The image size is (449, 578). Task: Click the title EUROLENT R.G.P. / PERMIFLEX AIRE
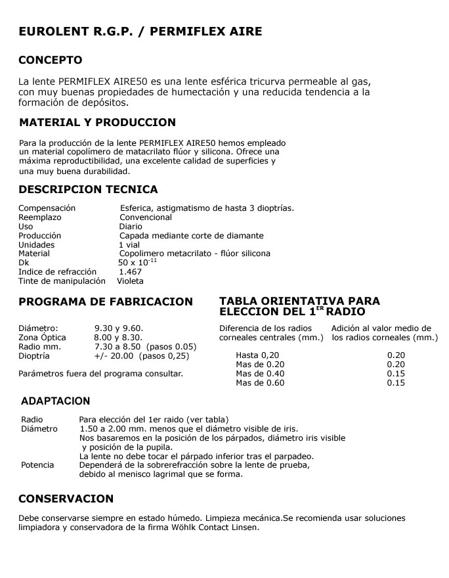tap(140, 32)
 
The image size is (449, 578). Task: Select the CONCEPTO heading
tap(51, 60)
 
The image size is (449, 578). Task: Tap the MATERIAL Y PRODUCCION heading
tap(98, 123)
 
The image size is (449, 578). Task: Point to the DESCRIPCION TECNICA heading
tap(88, 190)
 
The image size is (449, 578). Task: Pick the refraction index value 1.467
tap(130, 271)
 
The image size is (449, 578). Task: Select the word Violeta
tap(130, 280)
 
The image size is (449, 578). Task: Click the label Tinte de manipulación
tap(62, 280)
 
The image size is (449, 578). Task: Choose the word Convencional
tap(145, 217)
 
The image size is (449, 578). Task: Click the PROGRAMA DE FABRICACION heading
tap(106, 302)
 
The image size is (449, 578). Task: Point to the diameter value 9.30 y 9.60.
tap(119, 328)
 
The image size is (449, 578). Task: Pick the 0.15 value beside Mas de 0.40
tap(396, 373)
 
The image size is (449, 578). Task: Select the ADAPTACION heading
tap(56, 401)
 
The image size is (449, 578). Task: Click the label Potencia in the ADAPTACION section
tap(37, 464)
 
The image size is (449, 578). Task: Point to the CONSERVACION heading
tap(66, 499)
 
